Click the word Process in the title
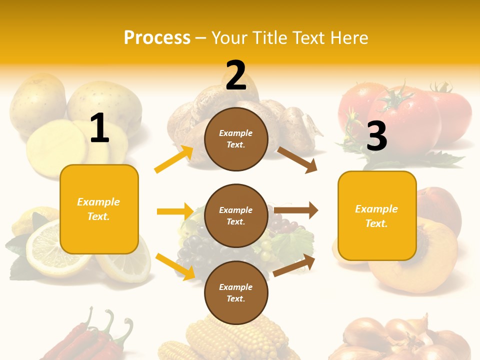pyautogui.click(x=157, y=37)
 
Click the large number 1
pyautogui.click(x=99, y=128)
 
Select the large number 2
pyautogui.click(x=236, y=75)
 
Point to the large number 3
pyautogui.click(x=376, y=136)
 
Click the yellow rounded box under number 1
pyautogui.click(x=99, y=209)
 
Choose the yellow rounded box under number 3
pyautogui.click(x=377, y=215)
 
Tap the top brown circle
pyautogui.click(x=236, y=139)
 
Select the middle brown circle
pyautogui.click(x=236, y=215)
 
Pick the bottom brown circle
pyautogui.click(x=236, y=292)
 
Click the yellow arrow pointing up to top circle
pyautogui.click(x=174, y=159)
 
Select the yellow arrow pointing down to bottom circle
pyautogui.click(x=175, y=266)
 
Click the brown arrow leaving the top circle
pyautogui.click(x=297, y=159)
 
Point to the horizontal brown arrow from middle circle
pyautogui.click(x=296, y=210)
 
